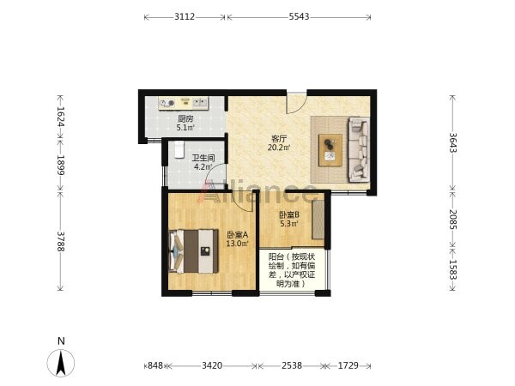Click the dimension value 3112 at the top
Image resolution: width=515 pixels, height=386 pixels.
coord(185,16)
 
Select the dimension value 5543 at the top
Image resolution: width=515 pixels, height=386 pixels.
coord(299,16)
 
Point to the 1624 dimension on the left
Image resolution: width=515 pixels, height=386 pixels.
coord(60,116)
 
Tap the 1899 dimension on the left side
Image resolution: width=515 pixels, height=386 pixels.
coord(60,165)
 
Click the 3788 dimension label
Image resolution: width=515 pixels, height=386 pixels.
coord(60,241)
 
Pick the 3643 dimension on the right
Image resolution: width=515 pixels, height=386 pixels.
coord(453,142)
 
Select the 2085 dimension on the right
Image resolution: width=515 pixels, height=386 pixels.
coord(453,220)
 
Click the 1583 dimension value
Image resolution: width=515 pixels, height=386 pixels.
coord(453,269)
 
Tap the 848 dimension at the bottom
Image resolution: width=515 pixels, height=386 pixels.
coord(155,365)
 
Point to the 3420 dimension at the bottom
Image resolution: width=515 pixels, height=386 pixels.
coord(212,365)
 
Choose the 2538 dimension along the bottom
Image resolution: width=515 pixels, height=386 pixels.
coord(291,365)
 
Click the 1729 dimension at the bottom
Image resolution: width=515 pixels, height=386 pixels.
coord(348,365)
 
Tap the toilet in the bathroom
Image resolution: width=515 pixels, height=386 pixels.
coord(179,149)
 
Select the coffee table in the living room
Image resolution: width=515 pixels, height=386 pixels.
coord(330,150)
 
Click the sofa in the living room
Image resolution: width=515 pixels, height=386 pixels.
coord(359,149)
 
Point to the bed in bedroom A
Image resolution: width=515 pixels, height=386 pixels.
coord(193,251)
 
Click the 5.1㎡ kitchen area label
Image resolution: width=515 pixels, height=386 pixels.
coord(185,127)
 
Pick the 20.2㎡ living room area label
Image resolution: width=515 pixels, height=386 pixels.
coord(279,148)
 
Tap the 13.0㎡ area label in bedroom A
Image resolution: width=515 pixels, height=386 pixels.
coord(237,244)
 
